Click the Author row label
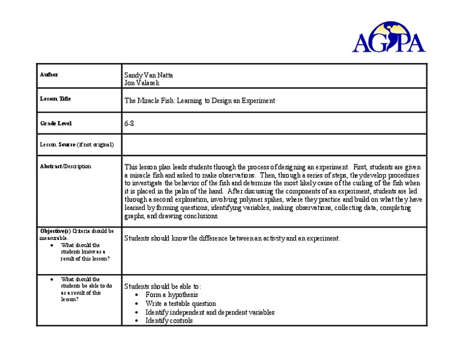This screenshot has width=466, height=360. click(x=49, y=74)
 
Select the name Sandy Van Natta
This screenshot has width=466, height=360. click(x=148, y=75)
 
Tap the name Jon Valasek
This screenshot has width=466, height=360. click(x=142, y=83)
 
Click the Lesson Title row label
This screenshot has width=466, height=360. click(x=55, y=98)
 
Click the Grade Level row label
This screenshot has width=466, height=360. click(x=56, y=123)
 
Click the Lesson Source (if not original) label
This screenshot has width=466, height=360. click(x=77, y=145)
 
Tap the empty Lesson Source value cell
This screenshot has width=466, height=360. click(x=273, y=145)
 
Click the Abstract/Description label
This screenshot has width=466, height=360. click(x=65, y=166)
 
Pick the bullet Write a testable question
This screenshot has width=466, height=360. click(x=180, y=304)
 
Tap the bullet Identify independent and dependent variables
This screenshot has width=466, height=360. click(x=210, y=312)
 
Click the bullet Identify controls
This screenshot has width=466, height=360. click(x=169, y=320)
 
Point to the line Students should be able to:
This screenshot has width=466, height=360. click(x=163, y=286)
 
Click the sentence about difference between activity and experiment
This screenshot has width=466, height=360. click(x=232, y=238)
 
